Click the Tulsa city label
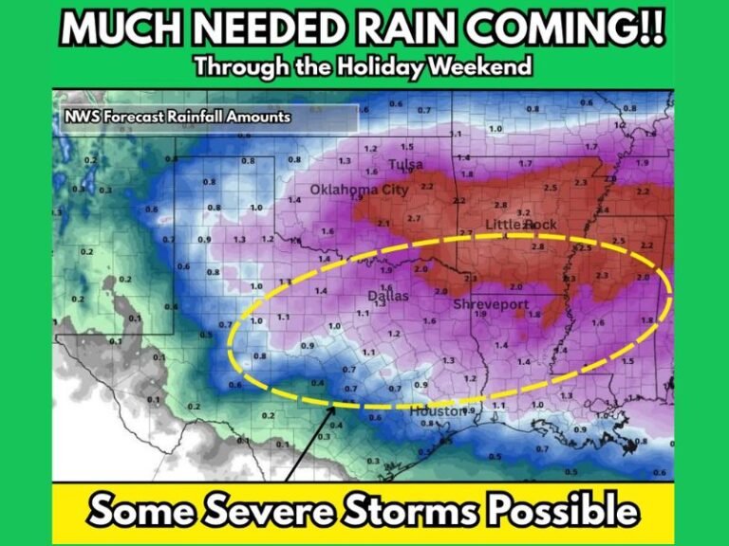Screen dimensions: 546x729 click(406, 165)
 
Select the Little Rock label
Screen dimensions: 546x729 click(521, 225)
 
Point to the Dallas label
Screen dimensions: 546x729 click(388, 296)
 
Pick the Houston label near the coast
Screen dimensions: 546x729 click(438, 411)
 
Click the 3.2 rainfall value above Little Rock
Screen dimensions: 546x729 click(522, 211)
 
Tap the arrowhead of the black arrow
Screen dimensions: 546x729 click(333, 407)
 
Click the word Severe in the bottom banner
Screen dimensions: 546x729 click(270, 511)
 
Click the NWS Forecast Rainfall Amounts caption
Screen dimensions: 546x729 click(178, 117)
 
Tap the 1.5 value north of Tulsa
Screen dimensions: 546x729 click(406, 147)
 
